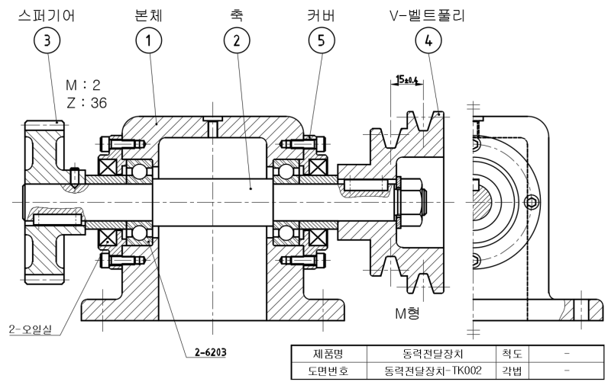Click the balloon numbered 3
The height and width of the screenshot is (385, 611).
coord(49,41)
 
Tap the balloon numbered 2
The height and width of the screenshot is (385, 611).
coord(238,41)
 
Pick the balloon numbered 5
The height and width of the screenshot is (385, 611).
coord(325,41)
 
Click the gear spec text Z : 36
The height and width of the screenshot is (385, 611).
coord(86,101)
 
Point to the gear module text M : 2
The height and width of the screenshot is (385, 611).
coord(86,83)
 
